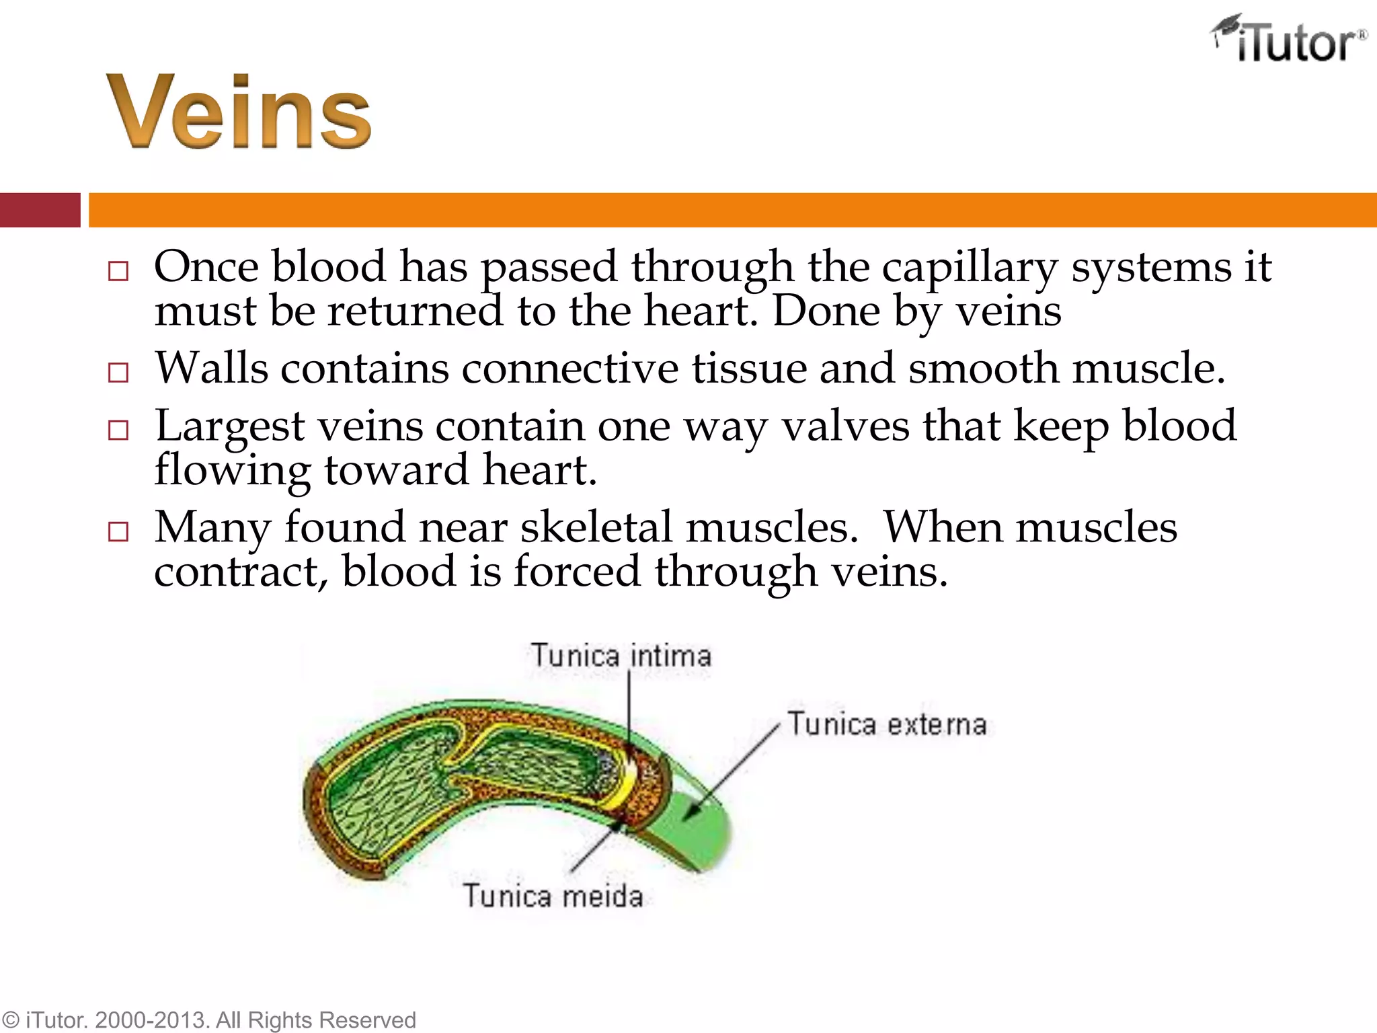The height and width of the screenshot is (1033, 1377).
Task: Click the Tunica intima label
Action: coord(621,656)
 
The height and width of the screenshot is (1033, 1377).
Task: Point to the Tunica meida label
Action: coord(553,896)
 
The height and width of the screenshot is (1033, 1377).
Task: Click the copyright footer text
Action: coord(208,1020)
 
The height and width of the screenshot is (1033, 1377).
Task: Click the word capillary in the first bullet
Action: coord(970,267)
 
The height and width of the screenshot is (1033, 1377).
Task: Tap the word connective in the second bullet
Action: coord(570,369)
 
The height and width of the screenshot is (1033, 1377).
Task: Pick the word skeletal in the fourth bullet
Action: coord(596,527)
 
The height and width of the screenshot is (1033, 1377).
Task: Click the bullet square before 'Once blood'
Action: coord(118,271)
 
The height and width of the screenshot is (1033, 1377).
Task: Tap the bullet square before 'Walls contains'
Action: coord(118,373)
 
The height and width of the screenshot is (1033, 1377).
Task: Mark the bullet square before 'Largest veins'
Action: coord(118,430)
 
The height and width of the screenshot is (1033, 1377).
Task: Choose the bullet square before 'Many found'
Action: coord(118,531)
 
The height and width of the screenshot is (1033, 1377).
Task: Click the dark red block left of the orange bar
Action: coord(40,210)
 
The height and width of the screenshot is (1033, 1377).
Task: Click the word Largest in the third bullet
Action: coord(230,427)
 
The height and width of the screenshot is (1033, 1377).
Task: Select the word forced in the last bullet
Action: coord(578,572)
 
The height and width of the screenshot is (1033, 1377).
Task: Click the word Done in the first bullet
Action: coord(826,311)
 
